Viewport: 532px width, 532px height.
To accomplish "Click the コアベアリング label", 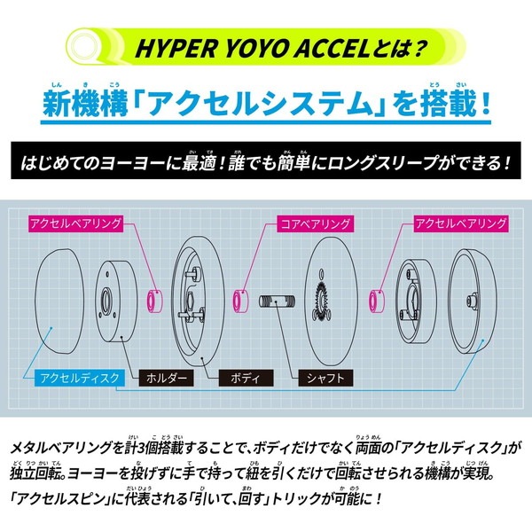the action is click(315, 224).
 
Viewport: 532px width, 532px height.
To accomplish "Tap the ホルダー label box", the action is click(167, 378).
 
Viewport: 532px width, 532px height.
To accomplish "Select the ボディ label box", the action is click(246, 378).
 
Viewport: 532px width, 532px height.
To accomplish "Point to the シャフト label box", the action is click(325, 378).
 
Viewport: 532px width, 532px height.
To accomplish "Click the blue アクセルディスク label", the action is click(80, 378).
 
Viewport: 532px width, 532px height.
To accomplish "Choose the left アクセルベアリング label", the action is click(75, 223).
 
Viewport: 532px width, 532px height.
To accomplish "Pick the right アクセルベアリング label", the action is click(461, 223).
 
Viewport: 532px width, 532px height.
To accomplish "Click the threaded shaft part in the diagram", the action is click(278, 301).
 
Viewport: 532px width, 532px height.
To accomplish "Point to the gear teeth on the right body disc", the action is click(320, 300).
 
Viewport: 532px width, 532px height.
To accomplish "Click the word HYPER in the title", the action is click(176, 49).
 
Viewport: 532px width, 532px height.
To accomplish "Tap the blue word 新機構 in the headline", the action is click(85, 104).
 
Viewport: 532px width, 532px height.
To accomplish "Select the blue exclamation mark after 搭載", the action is click(485, 104).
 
